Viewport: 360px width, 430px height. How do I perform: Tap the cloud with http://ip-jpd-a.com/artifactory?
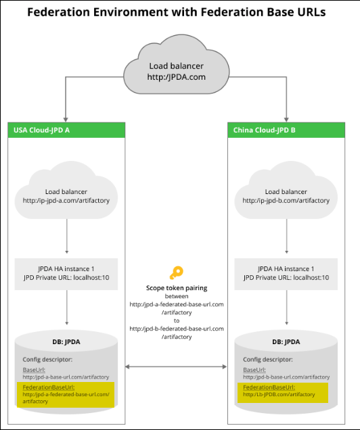66,195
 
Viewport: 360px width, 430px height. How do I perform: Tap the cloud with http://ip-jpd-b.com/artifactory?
286,195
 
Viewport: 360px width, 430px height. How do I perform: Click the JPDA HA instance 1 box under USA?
66,272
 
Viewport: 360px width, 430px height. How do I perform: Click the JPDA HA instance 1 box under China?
286,272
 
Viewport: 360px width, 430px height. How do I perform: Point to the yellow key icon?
177,273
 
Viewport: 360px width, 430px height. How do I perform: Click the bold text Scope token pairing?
177,288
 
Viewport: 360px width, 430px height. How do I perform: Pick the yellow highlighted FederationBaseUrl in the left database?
66,393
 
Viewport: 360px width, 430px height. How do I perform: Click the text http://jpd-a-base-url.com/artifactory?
65,376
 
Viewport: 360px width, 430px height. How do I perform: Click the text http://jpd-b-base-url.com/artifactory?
284,376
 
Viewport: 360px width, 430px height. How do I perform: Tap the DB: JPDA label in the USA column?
66,342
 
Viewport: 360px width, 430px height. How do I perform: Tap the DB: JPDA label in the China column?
286,342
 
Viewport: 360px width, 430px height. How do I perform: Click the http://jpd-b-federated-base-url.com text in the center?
177,329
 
